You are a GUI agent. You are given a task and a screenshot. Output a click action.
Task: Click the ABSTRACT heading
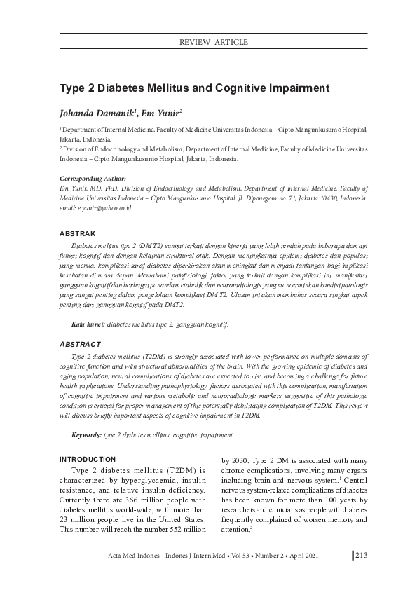point(80,345)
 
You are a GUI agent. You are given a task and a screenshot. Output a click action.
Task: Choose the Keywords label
point(87,435)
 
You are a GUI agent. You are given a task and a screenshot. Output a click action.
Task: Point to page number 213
point(362,556)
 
